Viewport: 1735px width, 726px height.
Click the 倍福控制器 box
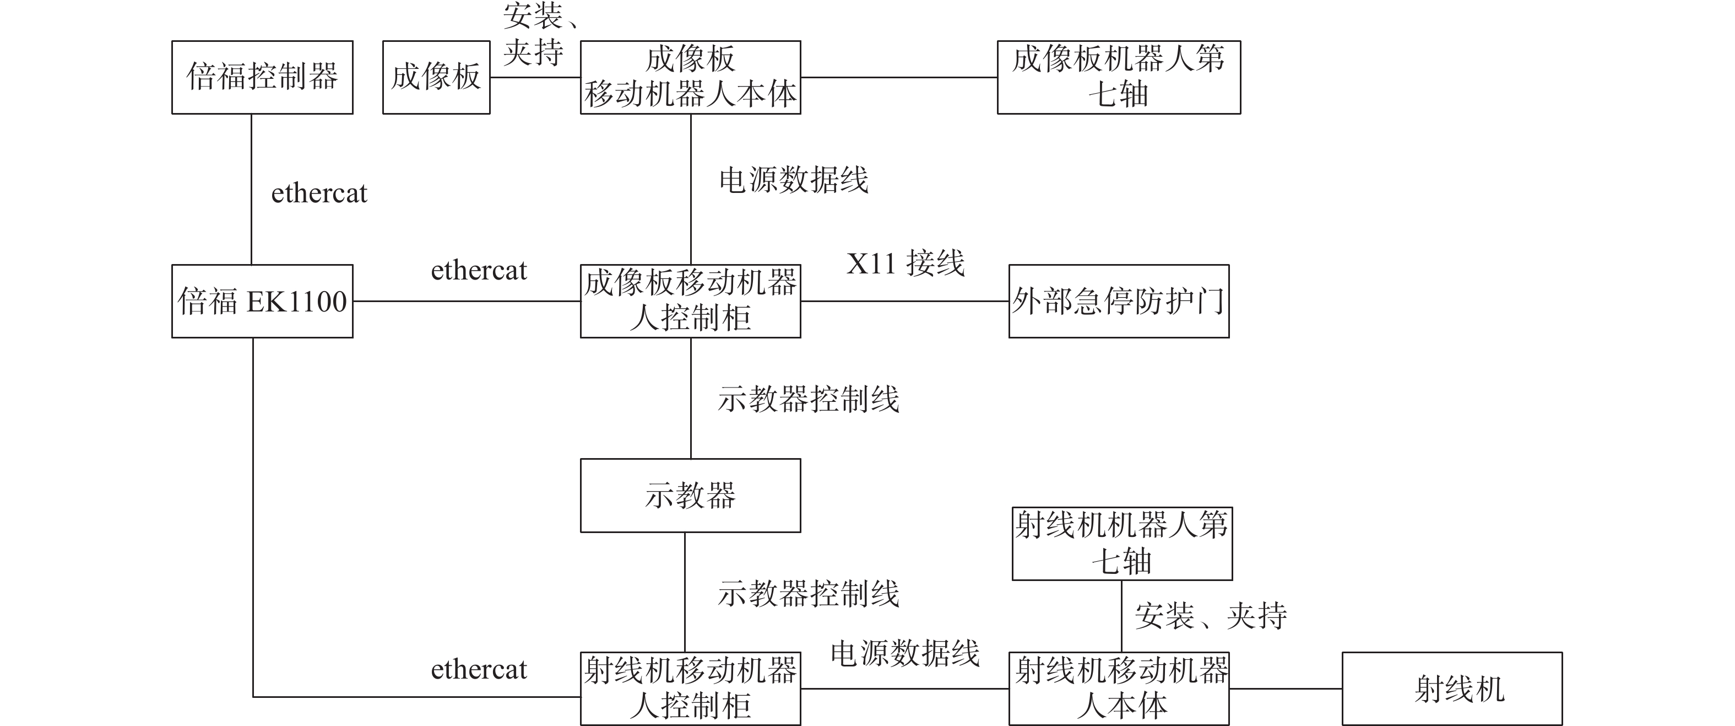click(x=262, y=77)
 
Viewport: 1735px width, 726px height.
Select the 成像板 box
click(x=436, y=77)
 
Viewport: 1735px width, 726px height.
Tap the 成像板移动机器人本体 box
click(x=690, y=77)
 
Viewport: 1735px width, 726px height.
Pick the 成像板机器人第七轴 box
click(x=1118, y=77)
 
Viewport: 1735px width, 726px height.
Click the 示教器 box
click(x=690, y=496)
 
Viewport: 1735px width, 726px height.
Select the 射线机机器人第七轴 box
click(x=1122, y=544)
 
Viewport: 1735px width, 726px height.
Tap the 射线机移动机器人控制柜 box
click(x=690, y=689)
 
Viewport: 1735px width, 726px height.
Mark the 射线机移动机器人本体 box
click(x=1119, y=689)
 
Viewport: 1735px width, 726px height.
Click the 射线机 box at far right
click(x=1451, y=689)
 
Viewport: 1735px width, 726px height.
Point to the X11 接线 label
click(x=905, y=263)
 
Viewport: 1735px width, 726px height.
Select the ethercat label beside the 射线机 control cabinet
click(x=479, y=669)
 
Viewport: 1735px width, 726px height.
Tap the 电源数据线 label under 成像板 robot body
click(x=793, y=180)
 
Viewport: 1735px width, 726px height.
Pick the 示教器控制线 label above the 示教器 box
click(x=808, y=399)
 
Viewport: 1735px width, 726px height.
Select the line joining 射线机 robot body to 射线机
click(x=1285, y=689)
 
